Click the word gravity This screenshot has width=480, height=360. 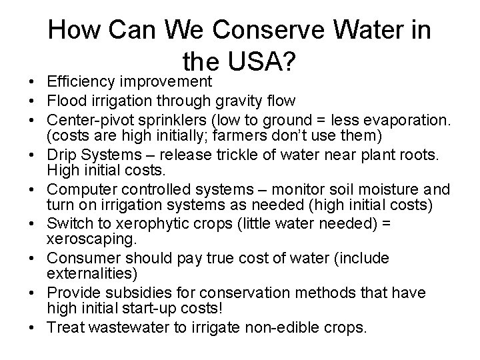(x=229, y=102)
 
